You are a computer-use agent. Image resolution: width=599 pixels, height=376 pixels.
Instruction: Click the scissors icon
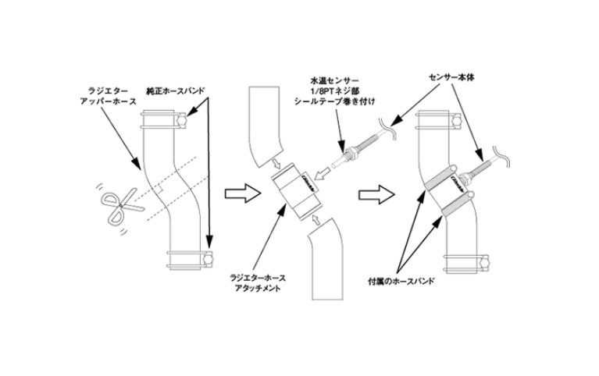click(x=115, y=206)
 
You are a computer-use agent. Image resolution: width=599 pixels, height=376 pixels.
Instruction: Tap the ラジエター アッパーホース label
click(x=109, y=96)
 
